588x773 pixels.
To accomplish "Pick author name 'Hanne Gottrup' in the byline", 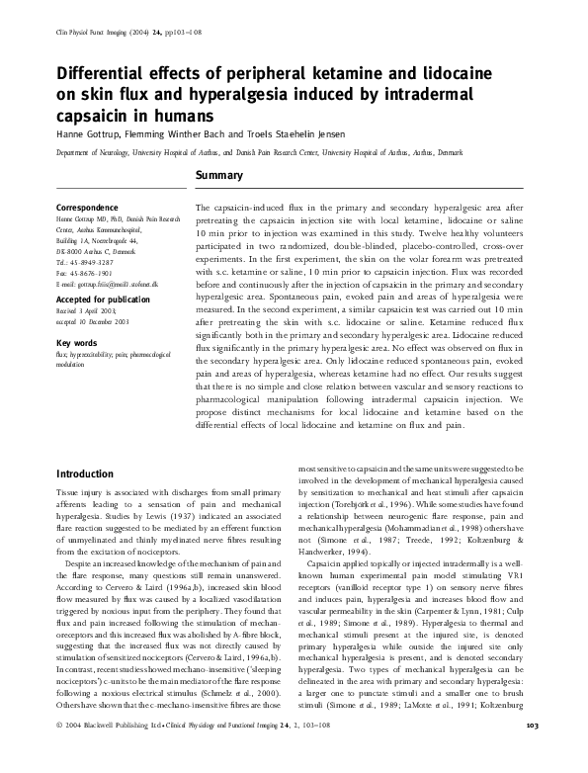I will pos(86,135).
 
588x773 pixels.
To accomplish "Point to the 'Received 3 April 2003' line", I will pos(90,312).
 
